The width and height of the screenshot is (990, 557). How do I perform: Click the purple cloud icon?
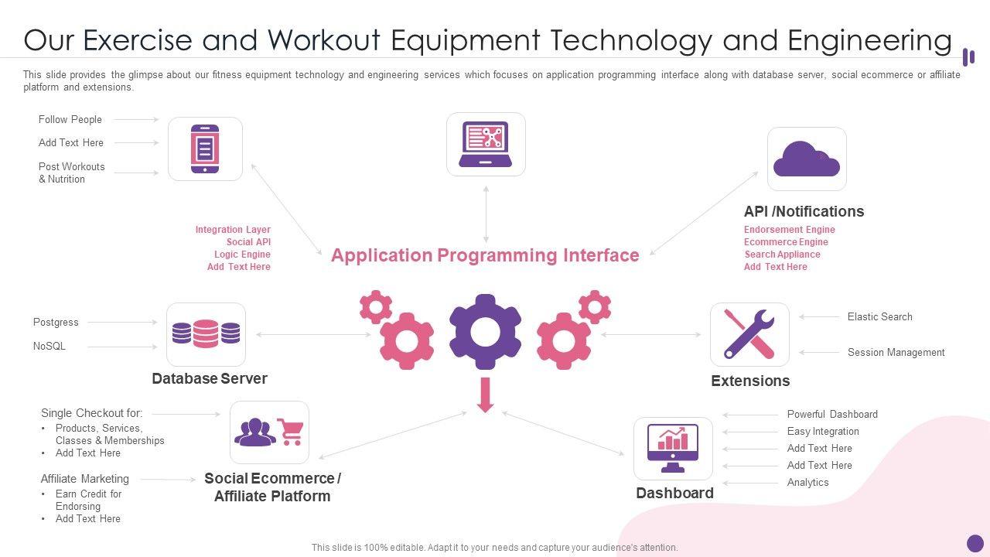click(x=807, y=159)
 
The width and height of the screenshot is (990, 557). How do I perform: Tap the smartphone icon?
click(x=205, y=149)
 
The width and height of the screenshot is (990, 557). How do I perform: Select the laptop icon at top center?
click(x=486, y=144)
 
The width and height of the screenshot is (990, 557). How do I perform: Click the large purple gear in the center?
click(x=485, y=331)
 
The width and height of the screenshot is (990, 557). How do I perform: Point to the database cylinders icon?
click(x=206, y=333)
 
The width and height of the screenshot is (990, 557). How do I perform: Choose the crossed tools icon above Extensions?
click(x=749, y=334)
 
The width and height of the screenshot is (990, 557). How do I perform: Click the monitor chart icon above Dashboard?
click(x=673, y=448)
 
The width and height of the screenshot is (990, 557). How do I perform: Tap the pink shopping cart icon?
click(x=290, y=432)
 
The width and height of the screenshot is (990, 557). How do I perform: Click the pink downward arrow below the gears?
click(x=485, y=395)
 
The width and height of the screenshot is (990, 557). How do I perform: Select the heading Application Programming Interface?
click(x=485, y=255)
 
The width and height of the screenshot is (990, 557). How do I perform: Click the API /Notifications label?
click(x=804, y=211)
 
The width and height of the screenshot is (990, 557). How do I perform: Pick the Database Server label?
click(x=210, y=378)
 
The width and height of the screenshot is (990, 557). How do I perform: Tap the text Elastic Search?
click(x=879, y=316)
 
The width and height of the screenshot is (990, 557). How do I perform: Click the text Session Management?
click(x=896, y=352)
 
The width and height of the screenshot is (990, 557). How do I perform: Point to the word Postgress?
click(x=56, y=322)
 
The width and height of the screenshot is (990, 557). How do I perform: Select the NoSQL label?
click(x=49, y=346)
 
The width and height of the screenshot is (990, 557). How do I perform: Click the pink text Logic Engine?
click(x=242, y=255)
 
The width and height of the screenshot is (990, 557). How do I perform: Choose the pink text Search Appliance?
click(x=782, y=255)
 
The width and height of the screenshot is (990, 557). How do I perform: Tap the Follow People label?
click(x=70, y=119)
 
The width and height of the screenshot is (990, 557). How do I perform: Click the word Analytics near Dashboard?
click(x=807, y=482)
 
